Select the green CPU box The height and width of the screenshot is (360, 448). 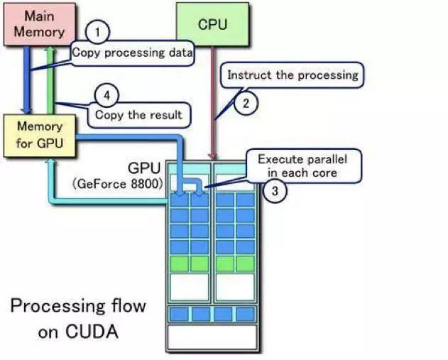212,25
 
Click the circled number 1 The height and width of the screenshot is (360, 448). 97,32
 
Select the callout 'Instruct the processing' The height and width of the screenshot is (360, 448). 293,74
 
